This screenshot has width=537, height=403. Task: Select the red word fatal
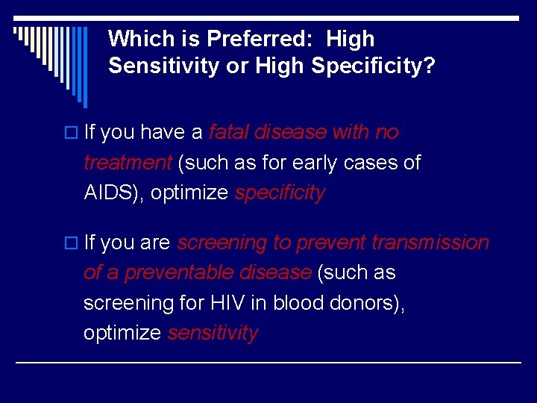(229, 133)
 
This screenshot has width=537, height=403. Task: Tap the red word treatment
(128, 163)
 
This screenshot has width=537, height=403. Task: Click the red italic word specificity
(280, 193)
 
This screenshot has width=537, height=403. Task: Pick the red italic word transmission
(430, 243)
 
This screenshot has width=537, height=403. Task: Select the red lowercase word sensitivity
(213, 333)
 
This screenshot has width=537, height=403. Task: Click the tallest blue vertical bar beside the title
(86, 67)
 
